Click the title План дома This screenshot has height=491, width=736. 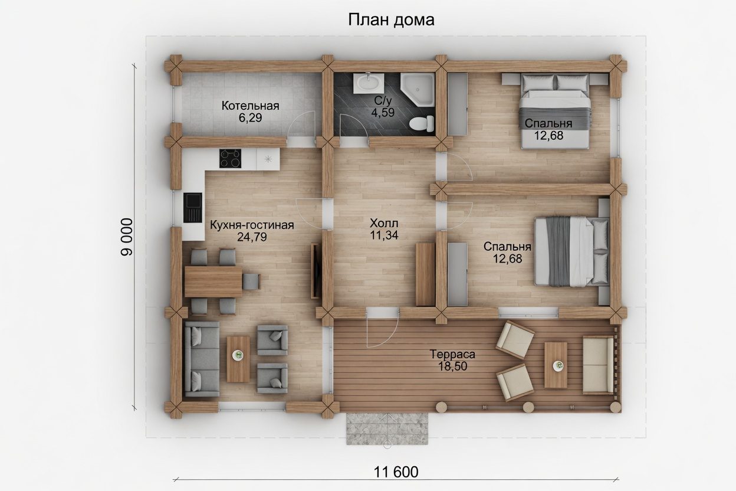point(391,20)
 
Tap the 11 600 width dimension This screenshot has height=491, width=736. point(396,472)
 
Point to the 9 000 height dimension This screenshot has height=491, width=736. point(126,237)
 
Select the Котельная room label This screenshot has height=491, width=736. point(251,106)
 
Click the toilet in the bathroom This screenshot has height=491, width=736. point(422,123)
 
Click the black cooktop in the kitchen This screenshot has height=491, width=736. point(230,159)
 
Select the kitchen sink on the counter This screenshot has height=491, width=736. point(192,208)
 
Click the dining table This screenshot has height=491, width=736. point(213,281)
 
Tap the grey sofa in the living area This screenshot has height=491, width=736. point(202,359)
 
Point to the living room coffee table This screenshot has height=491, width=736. point(238,359)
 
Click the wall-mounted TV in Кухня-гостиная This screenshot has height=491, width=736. point(316,271)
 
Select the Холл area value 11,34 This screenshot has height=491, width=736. point(384,235)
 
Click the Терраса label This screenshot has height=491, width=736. point(452,354)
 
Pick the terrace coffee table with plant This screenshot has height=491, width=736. point(556,365)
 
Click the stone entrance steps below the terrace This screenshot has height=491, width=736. point(387,428)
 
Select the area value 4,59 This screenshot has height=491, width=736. point(383,113)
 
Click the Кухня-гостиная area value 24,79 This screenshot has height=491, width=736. point(252,237)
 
